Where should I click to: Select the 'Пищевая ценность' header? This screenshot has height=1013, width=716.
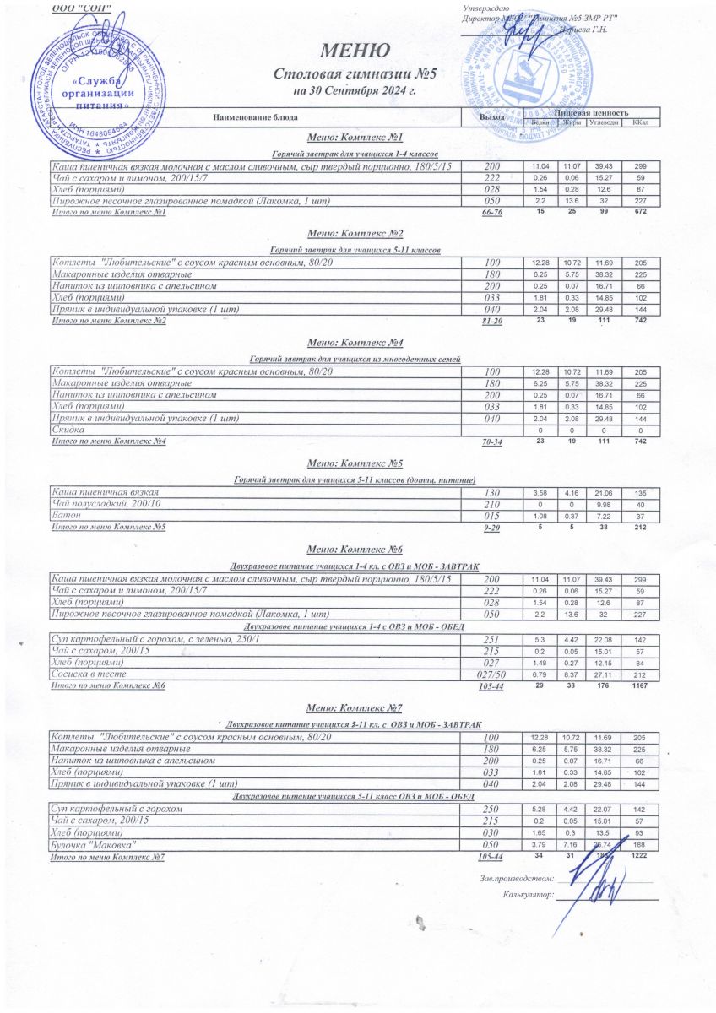[591, 112]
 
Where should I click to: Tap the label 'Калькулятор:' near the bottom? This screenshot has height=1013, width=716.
[528, 893]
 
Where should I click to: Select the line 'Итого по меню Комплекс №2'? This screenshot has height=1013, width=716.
[110, 321]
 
